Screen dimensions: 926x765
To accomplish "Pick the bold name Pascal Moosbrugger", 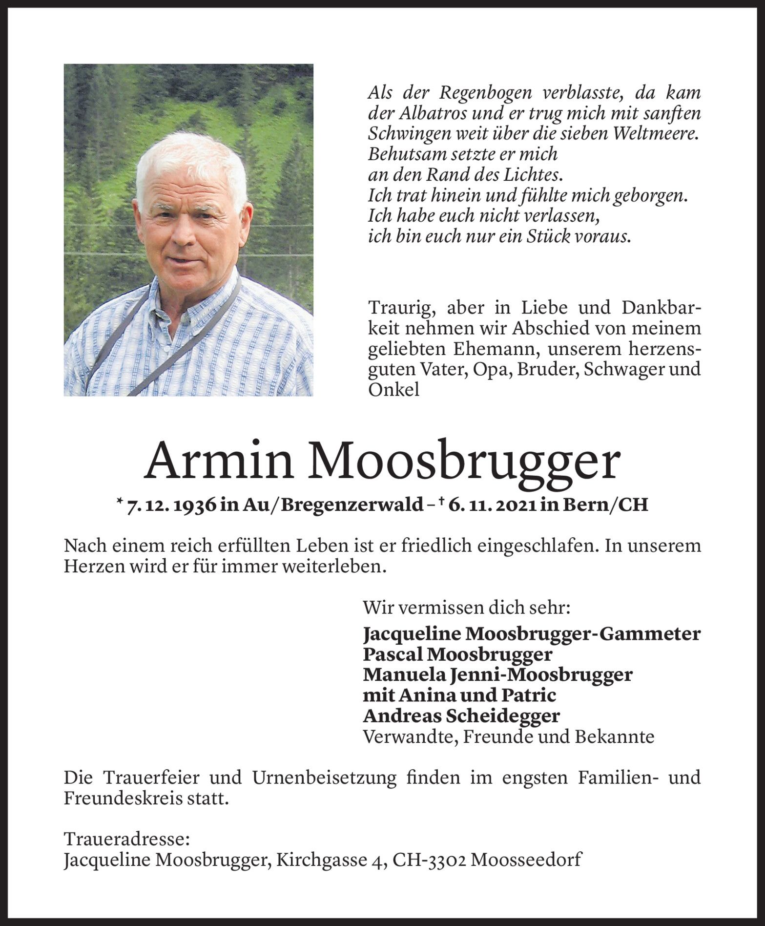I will [457, 654].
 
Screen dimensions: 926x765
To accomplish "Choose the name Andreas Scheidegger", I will [461, 716].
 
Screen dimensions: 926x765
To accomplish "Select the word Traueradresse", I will [126, 840].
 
